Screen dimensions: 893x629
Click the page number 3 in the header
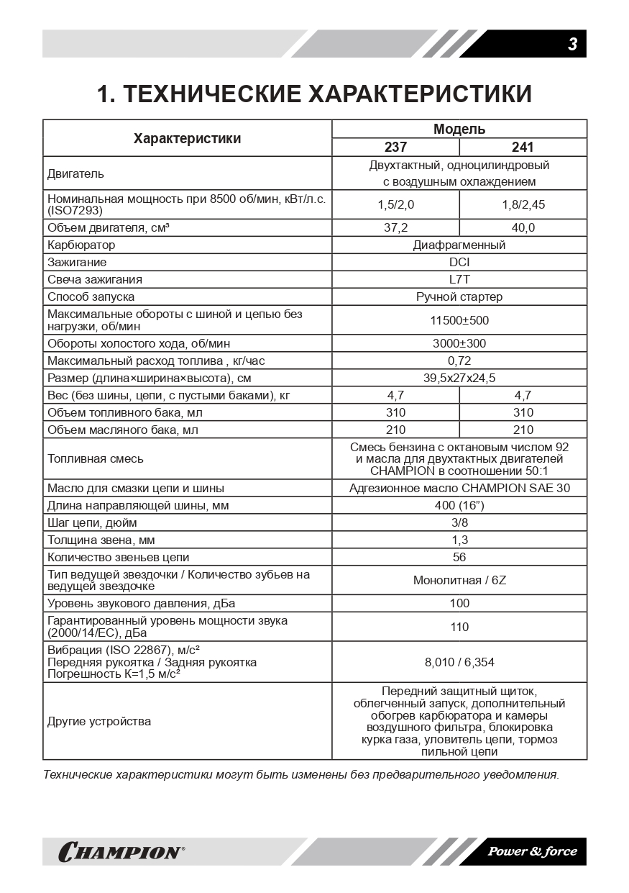point(572,44)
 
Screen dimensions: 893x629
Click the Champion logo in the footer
point(121,852)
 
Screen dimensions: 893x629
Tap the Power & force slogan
point(532,851)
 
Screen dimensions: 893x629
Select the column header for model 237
point(395,147)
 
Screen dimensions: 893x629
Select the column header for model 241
point(523,147)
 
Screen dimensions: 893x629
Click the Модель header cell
point(459,130)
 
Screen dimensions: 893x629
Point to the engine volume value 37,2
point(395,227)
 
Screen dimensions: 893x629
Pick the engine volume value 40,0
point(523,227)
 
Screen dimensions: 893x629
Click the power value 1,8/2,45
point(523,204)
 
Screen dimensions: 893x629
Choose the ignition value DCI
point(459,262)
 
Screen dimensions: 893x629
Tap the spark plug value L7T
point(459,279)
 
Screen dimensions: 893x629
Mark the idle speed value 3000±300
point(459,343)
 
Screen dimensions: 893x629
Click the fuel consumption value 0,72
point(459,361)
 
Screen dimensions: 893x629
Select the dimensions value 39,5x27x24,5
point(459,378)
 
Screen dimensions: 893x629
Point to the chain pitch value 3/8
point(459,522)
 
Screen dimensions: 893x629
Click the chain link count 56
point(459,557)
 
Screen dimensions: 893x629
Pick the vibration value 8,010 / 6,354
point(459,662)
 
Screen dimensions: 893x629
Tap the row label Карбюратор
point(81,245)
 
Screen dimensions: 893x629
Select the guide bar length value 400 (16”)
point(459,505)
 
